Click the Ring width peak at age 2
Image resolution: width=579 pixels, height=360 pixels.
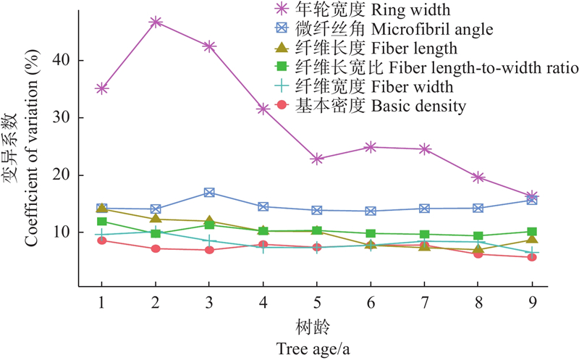click(x=155, y=22)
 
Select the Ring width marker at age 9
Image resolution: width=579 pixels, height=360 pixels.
click(x=532, y=196)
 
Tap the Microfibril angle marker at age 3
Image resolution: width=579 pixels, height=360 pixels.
click(x=209, y=193)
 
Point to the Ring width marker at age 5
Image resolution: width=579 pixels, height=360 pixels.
click(x=317, y=159)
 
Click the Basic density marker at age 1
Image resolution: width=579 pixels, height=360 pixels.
click(x=101, y=240)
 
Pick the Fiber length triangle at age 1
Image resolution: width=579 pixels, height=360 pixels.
click(x=101, y=209)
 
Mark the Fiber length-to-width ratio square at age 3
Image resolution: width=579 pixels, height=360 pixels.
click(x=209, y=225)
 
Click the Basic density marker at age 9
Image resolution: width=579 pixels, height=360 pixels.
click(x=532, y=257)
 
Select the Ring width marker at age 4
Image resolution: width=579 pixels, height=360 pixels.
click(x=263, y=109)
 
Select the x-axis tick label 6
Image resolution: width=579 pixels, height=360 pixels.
click(x=371, y=300)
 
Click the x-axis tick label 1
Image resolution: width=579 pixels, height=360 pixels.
click(x=101, y=300)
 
